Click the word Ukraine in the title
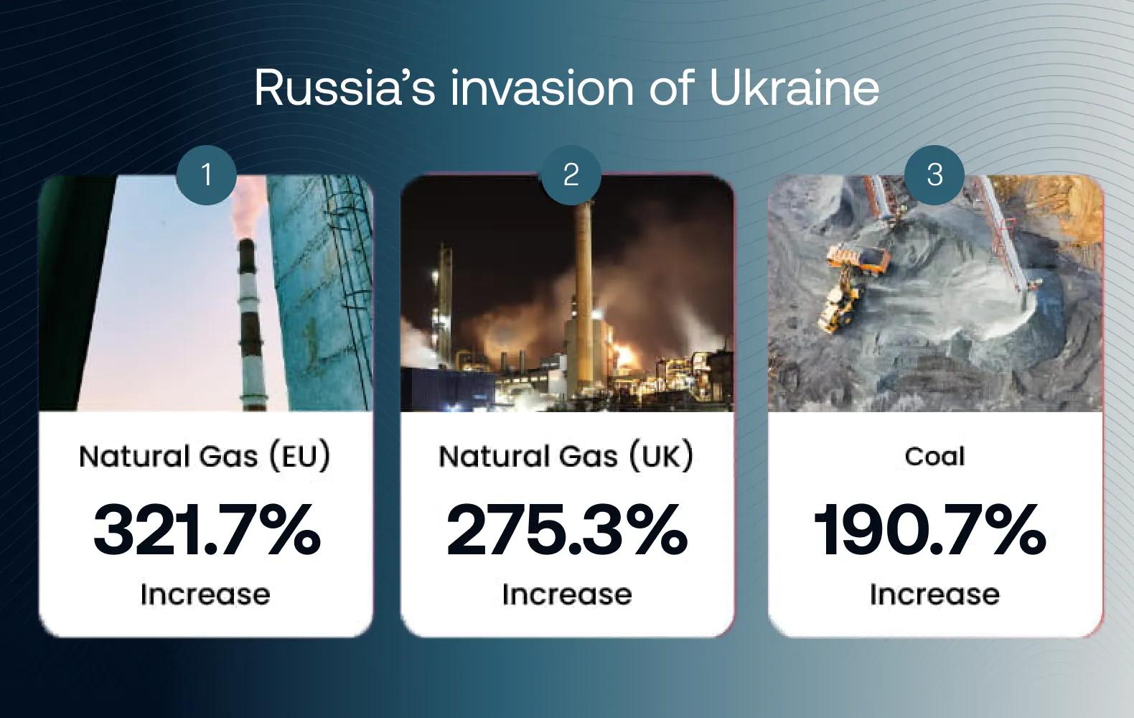(794, 88)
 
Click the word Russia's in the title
(345, 88)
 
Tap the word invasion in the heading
(541, 88)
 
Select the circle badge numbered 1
(207, 175)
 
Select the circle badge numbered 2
(571, 175)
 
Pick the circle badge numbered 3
(934, 175)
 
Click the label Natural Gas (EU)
(205, 456)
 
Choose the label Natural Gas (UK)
(566, 456)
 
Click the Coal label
(934, 456)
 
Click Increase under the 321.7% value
(205, 595)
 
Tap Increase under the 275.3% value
(567, 595)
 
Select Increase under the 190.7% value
(934, 595)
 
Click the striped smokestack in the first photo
(251, 324)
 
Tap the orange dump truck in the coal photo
(858, 259)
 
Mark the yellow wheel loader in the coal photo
(840, 304)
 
